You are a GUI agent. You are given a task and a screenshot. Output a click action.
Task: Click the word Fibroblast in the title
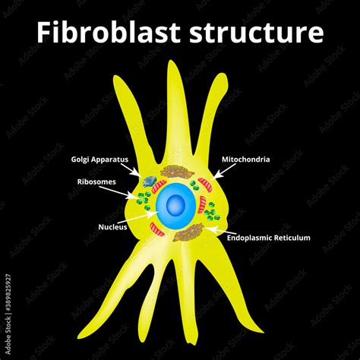coord(114,33)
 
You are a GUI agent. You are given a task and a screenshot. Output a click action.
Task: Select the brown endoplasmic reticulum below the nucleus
coord(187,234)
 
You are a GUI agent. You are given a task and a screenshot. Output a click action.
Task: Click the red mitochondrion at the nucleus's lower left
coord(156,229)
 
